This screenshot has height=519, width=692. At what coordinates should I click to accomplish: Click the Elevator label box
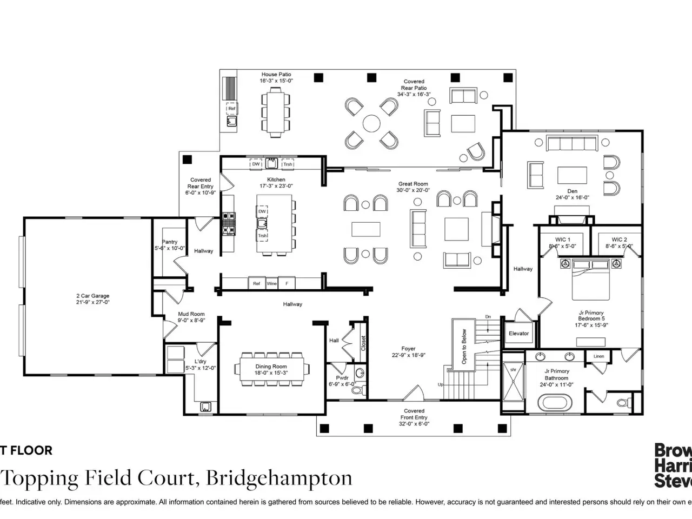(518, 334)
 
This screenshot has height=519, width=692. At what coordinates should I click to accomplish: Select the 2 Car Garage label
(92, 296)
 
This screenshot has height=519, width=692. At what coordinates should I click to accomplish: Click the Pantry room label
(170, 242)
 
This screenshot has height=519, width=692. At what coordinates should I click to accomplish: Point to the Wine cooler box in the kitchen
(271, 283)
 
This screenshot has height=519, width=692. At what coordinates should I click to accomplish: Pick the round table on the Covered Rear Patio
(371, 123)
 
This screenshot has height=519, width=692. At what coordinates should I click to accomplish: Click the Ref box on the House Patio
(232, 109)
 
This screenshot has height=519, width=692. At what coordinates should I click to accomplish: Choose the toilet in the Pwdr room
(355, 388)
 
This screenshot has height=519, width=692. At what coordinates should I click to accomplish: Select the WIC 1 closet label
(562, 239)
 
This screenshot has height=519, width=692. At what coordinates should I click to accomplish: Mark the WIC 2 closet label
(619, 239)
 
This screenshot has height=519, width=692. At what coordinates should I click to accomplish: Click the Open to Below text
(464, 347)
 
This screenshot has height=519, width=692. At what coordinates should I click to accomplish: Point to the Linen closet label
(598, 356)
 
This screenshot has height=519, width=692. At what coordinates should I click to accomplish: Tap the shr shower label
(513, 370)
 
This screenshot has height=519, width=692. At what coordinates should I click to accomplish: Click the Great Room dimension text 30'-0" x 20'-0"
(413, 190)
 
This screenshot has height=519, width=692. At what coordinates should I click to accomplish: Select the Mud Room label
(191, 314)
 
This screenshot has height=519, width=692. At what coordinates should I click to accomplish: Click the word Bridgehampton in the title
(279, 478)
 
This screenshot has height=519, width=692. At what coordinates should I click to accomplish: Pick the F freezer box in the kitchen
(287, 283)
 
